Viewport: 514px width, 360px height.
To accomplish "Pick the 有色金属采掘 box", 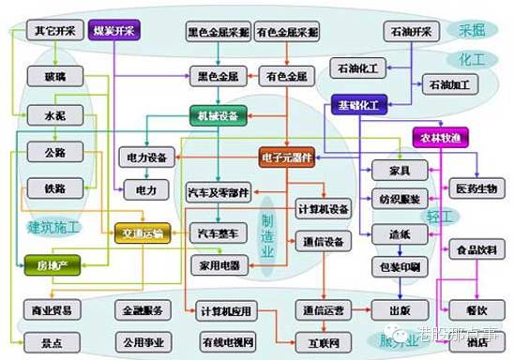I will (288, 32).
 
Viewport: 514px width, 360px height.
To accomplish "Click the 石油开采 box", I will (410, 32).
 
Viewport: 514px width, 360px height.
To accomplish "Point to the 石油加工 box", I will (451, 84).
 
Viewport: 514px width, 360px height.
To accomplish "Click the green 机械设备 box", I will (219, 116).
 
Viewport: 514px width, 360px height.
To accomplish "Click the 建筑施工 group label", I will (53, 226).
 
